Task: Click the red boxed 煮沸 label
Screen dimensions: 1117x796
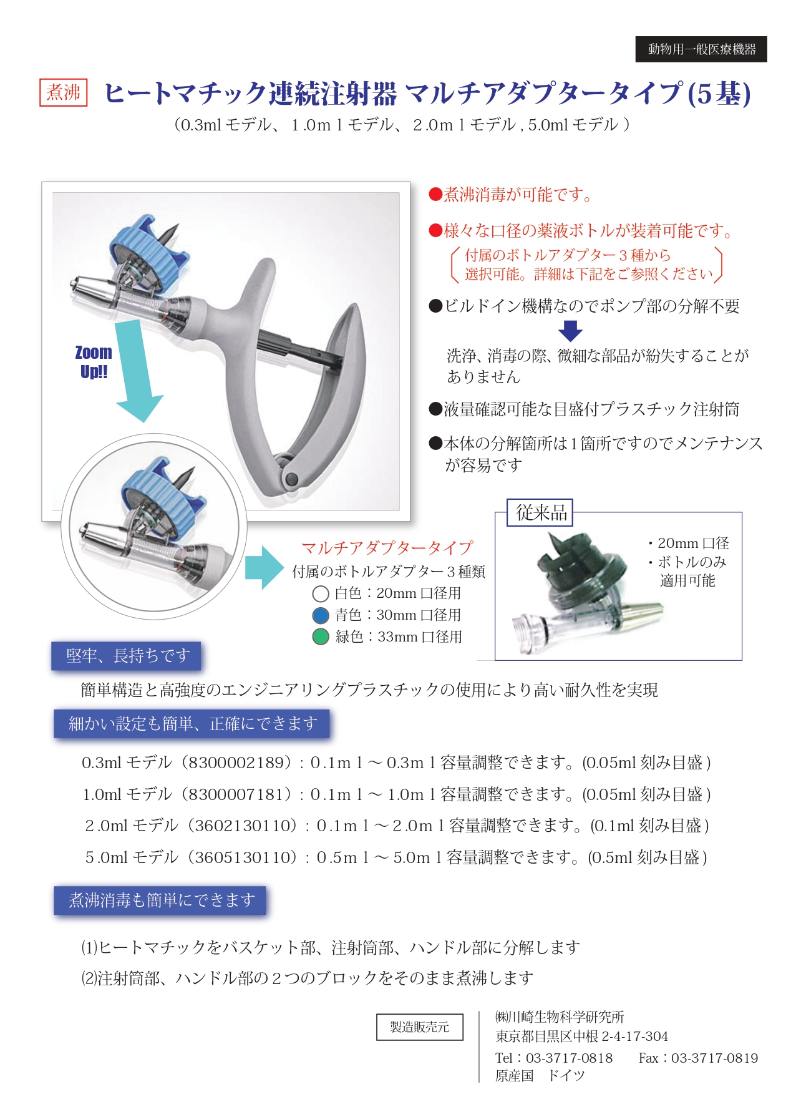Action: coord(63,92)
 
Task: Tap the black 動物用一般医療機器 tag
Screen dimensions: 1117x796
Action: coord(701,49)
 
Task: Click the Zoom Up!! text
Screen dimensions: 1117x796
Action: coord(94,362)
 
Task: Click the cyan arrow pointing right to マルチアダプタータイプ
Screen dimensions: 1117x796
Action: coord(263,567)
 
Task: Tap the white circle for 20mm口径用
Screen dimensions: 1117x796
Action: coord(320,593)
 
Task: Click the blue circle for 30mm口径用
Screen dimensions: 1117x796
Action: coord(320,615)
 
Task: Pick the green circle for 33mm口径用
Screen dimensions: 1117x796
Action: coord(320,637)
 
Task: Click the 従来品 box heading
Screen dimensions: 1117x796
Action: coord(541,513)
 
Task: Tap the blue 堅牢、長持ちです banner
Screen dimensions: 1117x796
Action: coord(127,656)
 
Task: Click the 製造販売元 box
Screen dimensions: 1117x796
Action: coord(419,1027)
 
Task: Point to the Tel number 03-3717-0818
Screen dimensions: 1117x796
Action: coord(569,1058)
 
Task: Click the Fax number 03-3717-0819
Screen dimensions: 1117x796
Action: coord(714,1058)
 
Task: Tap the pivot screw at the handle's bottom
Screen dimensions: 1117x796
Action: coord(291,479)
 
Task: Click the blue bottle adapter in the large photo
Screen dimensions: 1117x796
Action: coord(150,253)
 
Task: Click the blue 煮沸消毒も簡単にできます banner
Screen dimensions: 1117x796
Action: coord(160,900)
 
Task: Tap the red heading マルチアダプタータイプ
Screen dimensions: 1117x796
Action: coord(387,548)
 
